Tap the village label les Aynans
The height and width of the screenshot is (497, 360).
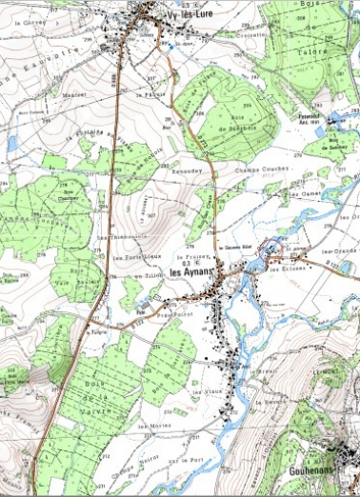tap(193, 272)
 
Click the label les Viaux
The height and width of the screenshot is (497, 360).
tap(208, 390)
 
